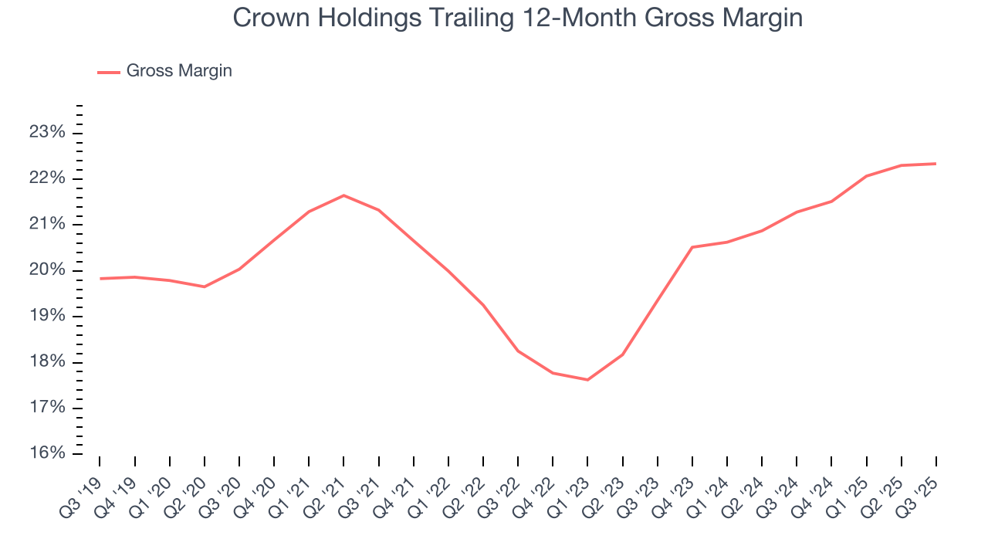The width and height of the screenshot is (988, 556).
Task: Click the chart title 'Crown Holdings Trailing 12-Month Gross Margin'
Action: (x=517, y=18)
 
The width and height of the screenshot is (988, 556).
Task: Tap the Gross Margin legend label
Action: (x=179, y=71)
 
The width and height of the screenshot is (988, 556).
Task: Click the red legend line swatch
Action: (x=109, y=72)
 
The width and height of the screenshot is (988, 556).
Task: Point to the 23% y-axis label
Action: (x=46, y=133)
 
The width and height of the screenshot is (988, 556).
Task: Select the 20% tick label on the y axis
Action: (x=46, y=270)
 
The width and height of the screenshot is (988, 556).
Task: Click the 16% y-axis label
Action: (x=46, y=453)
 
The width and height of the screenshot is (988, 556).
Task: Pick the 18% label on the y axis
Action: (x=46, y=362)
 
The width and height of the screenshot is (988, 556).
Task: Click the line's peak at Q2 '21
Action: (x=343, y=195)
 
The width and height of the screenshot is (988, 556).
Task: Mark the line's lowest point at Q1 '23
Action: (x=587, y=380)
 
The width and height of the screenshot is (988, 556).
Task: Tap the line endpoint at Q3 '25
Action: (x=936, y=164)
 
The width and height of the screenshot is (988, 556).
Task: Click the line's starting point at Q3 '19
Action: (x=100, y=278)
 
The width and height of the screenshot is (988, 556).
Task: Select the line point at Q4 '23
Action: (x=692, y=247)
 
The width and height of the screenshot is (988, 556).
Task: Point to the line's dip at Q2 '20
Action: (x=205, y=286)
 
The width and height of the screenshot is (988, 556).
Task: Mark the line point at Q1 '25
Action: (x=866, y=176)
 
